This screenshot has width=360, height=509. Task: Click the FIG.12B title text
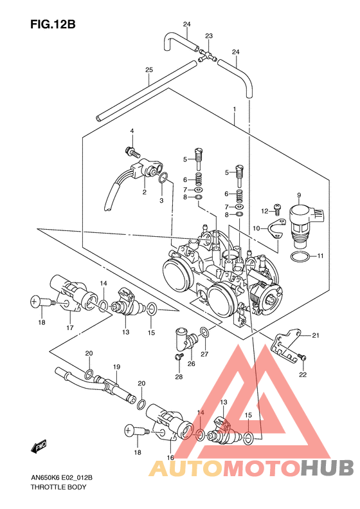(x=53, y=24)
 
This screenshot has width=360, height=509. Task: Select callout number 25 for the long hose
(x=149, y=69)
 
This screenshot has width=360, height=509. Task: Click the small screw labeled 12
(x=277, y=209)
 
